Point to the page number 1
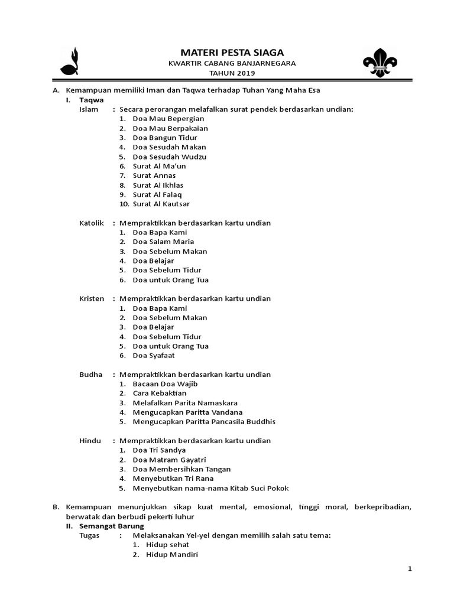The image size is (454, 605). (409, 568)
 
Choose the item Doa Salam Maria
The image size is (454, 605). (163, 242)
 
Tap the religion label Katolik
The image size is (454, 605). (92, 223)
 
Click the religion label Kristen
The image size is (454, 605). (92, 298)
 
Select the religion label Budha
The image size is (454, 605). (90, 374)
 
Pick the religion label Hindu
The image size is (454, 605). (90, 440)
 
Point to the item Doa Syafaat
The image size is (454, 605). (154, 355)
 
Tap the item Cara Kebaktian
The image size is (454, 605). (160, 393)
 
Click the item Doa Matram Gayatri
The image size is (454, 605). (169, 459)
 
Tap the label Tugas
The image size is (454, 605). (90, 535)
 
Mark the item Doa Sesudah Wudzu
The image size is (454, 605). (170, 157)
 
